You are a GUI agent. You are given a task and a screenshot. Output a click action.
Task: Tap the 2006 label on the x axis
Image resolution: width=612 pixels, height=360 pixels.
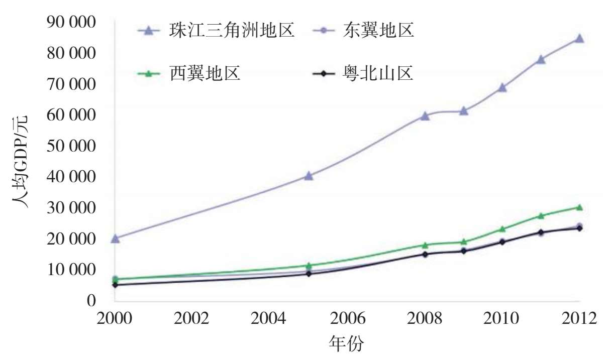point(347,319)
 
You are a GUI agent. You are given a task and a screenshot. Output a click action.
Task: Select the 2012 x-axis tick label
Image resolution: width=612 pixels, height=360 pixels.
point(579,319)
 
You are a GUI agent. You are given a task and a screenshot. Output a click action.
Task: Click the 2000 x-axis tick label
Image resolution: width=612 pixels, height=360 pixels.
point(115,319)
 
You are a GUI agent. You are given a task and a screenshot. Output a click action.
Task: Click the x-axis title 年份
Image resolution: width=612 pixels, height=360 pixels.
point(346,345)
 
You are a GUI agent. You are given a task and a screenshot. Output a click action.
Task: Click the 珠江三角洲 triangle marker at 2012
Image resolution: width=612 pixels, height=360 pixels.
point(579,39)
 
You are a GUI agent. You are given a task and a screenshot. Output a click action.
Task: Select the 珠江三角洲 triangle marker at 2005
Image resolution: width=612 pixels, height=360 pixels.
point(309,176)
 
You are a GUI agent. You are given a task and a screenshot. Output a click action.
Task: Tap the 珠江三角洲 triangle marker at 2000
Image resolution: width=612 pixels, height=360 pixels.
point(115,238)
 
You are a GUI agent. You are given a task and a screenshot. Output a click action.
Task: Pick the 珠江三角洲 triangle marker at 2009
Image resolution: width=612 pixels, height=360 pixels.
point(463,111)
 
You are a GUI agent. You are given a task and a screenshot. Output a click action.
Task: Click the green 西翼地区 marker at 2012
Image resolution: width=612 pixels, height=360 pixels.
point(579,207)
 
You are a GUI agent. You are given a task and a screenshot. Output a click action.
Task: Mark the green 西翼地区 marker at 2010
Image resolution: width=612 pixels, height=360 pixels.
point(502,229)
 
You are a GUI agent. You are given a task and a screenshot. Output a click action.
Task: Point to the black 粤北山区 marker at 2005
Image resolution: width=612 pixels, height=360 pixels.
point(309,274)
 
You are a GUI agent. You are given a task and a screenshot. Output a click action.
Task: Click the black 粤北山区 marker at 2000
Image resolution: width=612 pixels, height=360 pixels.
point(115,285)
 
